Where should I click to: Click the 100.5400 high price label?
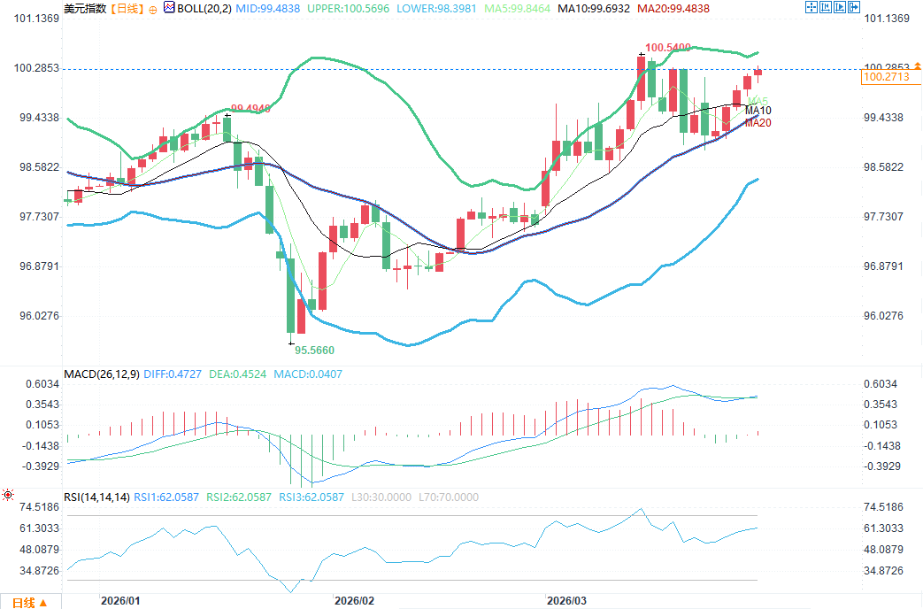tap(667, 46)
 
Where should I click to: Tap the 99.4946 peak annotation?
tap(250, 108)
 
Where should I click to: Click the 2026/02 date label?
tap(354, 600)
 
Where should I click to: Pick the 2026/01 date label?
tap(120, 600)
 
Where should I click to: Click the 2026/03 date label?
tap(566, 600)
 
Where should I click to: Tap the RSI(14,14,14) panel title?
tap(96, 497)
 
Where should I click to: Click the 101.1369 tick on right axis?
tap(886, 19)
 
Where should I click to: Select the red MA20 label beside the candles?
tap(758, 123)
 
